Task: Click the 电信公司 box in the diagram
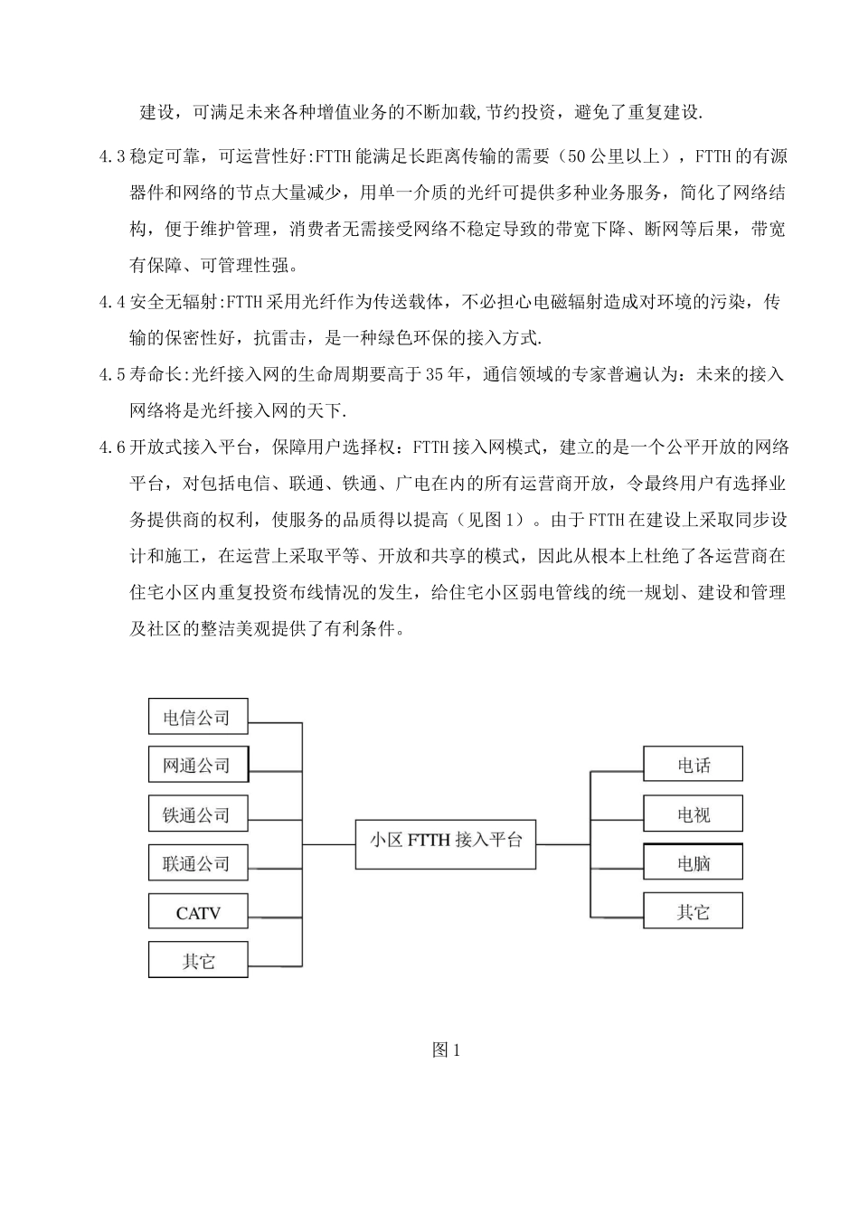(x=197, y=717)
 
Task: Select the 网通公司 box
(x=197, y=765)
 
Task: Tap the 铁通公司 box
(x=197, y=814)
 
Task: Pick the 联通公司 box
(x=197, y=863)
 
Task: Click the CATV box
(x=197, y=912)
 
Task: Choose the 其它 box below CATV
(x=197, y=960)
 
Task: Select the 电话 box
(x=693, y=765)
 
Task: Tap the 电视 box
(x=693, y=814)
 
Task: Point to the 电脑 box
(x=693, y=863)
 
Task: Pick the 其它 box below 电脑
(x=693, y=911)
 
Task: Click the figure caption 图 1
(x=447, y=1049)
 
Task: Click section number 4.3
(x=113, y=156)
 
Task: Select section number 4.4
(x=113, y=302)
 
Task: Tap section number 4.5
(x=113, y=374)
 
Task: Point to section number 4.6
(x=113, y=447)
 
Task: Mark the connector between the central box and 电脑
(x=617, y=864)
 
